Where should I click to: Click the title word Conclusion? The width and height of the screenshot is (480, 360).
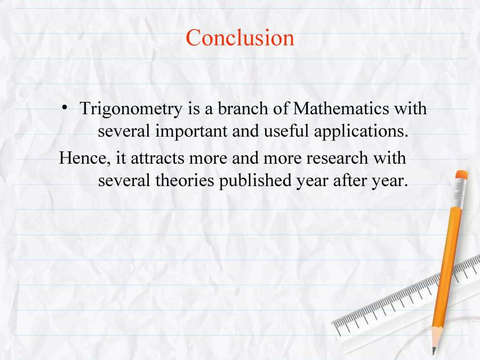(x=240, y=38)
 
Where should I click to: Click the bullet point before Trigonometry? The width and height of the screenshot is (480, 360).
(x=64, y=108)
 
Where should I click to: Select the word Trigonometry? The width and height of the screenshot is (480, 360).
(x=131, y=109)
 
